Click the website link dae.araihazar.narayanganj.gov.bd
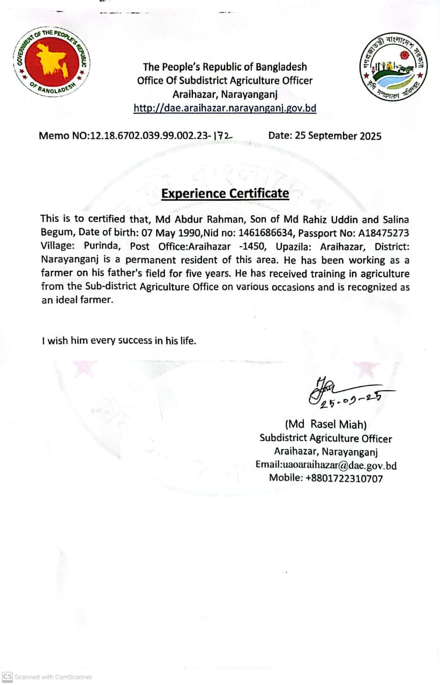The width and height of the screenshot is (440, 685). coord(225,108)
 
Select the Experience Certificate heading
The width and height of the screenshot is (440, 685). coord(225,193)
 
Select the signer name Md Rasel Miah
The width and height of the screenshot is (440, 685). coord(326,424)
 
